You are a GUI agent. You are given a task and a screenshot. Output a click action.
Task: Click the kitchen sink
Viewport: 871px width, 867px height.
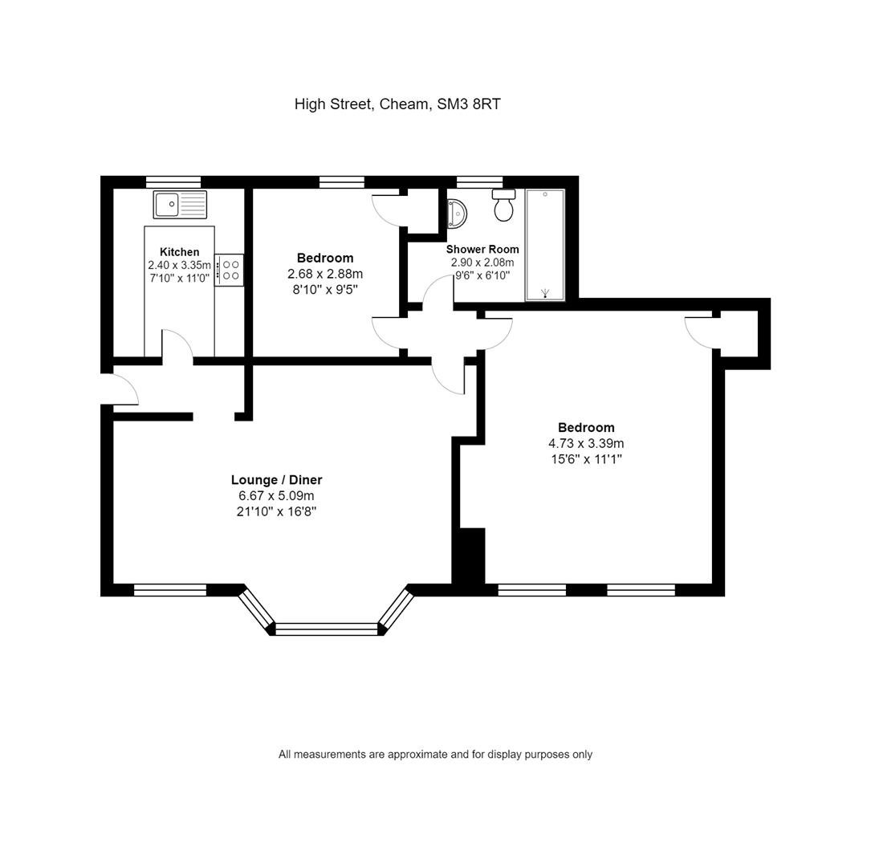180,205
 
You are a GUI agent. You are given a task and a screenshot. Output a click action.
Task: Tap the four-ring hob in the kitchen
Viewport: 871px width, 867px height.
230,270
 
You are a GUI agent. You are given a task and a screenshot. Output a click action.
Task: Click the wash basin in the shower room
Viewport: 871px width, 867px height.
457,214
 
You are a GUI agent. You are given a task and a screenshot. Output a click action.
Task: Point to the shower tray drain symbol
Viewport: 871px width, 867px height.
544,292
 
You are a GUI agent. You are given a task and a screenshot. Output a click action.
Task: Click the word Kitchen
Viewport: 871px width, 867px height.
180,251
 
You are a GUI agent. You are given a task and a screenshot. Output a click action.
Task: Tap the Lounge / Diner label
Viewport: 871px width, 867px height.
277,480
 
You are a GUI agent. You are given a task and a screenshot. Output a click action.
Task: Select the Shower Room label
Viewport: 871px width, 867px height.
482,250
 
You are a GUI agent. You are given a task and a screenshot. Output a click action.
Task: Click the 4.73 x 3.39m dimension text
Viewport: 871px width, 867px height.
586,443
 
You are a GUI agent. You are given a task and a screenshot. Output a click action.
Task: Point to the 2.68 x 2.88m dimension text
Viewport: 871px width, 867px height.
325,274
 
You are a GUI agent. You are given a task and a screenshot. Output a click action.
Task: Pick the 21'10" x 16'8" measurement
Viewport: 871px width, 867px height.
277,511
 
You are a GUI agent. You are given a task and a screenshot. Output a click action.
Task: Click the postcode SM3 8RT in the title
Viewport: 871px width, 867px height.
469,104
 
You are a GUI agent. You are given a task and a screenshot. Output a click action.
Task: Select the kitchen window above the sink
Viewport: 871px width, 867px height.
173,181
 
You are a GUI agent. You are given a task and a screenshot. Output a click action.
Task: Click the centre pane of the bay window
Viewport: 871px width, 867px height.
327,629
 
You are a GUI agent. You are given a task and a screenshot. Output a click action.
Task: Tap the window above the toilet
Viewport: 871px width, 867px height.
479,181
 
